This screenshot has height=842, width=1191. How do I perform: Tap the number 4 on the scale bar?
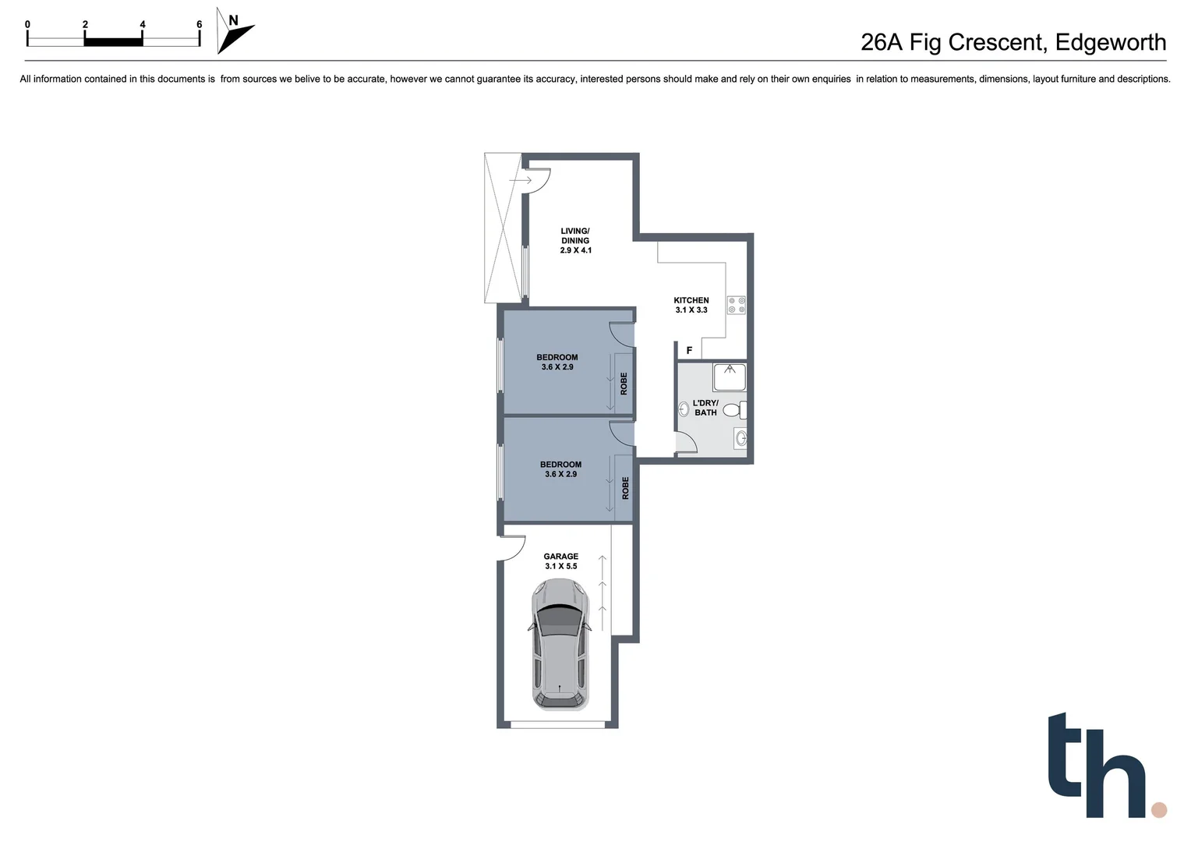point(143,25)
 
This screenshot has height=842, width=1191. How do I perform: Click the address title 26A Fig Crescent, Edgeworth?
point(1013,42)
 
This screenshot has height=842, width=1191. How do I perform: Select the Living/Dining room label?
point(575,240)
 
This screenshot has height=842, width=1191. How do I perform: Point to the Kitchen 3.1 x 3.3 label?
point(691,305)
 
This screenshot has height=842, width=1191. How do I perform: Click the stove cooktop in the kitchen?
point(737,305)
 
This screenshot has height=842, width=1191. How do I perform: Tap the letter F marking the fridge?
point(689,351)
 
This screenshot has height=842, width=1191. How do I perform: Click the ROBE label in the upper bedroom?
point(624,384)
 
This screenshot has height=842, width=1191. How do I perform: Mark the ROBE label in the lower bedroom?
point(624,489)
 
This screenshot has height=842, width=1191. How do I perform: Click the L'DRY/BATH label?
point(705,408)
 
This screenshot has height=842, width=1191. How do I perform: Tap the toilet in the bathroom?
point(733,409)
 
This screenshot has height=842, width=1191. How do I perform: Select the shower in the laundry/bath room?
point(730,377)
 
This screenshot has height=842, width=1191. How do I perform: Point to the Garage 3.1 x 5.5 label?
point(560,561)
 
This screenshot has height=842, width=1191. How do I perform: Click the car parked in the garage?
point(559,647)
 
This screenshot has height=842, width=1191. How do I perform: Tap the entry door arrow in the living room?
point(520,181)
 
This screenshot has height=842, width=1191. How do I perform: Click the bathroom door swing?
point(686,442)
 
